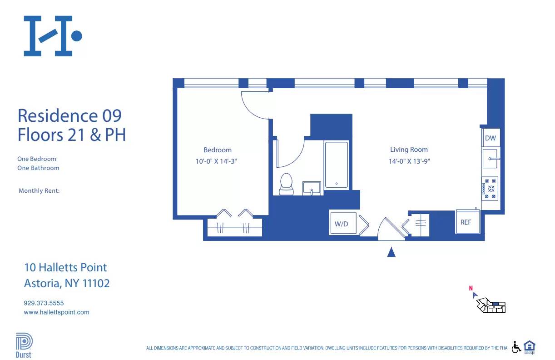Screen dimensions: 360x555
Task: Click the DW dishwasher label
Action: [490, 138]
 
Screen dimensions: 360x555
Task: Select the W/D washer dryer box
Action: [342, 223]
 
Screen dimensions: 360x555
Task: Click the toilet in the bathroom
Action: [286, 184]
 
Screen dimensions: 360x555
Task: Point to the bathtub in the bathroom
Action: [337, 165]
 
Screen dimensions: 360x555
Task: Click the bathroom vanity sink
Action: [312, 188]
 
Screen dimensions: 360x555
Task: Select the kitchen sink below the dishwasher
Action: [490, 159]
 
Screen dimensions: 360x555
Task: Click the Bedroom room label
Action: [217, 150]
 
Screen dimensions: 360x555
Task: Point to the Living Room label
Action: [409, 150]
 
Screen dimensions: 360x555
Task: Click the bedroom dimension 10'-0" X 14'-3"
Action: [217, 161]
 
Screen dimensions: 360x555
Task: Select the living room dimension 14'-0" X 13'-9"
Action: [409, 161]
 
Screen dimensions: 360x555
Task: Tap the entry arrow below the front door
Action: [391, 252]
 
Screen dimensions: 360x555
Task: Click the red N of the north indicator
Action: [471, 288]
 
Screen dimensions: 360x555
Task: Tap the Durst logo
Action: [24, 345]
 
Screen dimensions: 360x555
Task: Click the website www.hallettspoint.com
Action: [56, 312]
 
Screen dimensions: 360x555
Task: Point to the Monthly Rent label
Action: [39, 191]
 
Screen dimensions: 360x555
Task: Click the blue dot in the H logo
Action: [77, 35]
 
